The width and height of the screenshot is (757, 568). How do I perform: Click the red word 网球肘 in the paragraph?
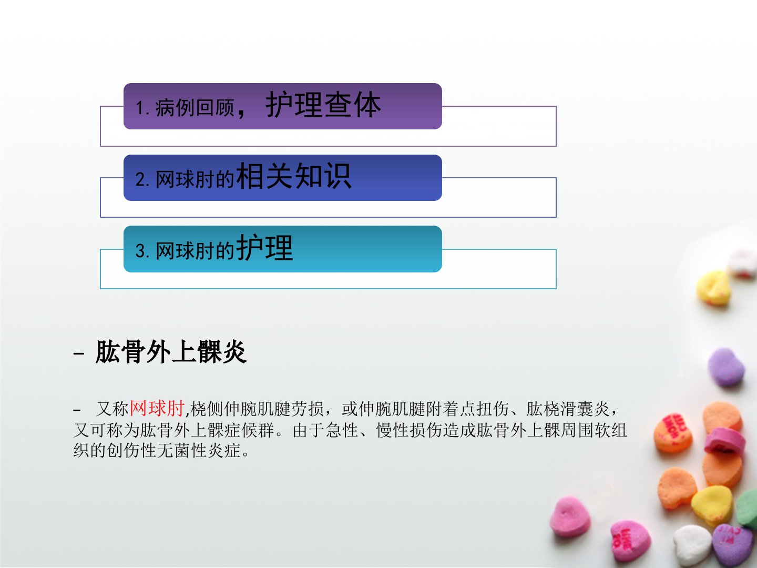tap(157, 409)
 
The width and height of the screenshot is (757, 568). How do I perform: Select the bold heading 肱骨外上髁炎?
tap(171, 352)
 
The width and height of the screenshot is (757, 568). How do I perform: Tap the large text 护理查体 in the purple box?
tap(323, 105)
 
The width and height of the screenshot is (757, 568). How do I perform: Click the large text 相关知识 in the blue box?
tap(294, 176)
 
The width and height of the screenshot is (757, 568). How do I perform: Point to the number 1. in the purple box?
tap(142, 108)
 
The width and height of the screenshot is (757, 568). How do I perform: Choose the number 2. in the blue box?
tap(142, 180)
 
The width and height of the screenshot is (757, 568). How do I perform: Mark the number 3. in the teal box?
tap(142, 251)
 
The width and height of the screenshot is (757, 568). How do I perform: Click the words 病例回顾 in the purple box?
tap(195, 108)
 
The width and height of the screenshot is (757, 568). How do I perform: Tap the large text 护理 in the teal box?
tap(265, 247)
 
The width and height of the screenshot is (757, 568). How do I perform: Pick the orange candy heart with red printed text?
tap(672, 433)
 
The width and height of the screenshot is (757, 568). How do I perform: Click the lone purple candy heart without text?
tap(725, 367)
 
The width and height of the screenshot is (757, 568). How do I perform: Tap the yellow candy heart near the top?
tap(713, 288)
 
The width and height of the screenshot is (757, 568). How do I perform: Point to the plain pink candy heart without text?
tap(570, 518)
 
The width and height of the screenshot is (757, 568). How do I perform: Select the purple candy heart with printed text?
tap(733, 545)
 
